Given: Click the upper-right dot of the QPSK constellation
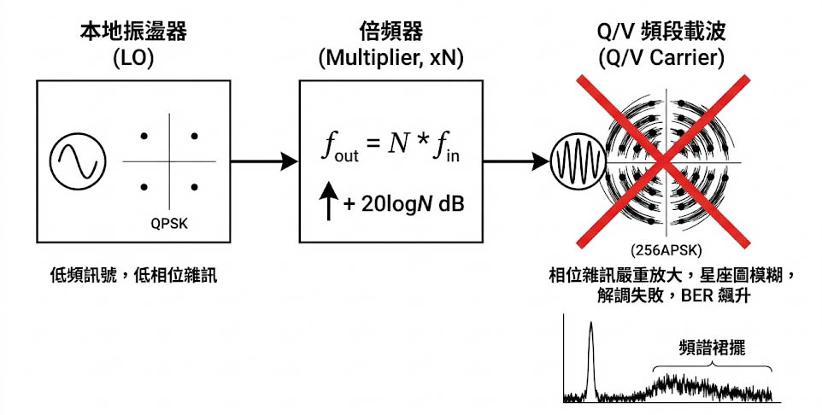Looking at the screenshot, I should pos(195,136).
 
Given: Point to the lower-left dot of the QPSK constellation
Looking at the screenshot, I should pos(144,187).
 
